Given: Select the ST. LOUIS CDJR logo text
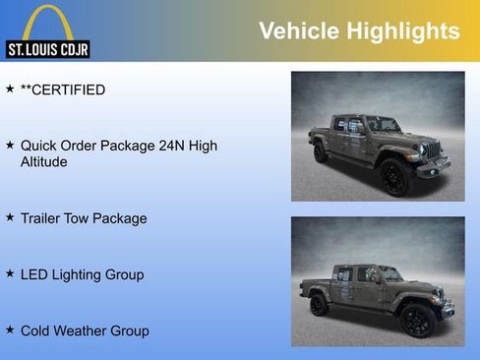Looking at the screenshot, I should click(x=47, y=48).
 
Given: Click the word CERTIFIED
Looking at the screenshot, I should click(x=69, y=90).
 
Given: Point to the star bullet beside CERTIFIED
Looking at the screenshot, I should click(x=10, y=90).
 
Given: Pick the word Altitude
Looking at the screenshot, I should click(x=44, y=162).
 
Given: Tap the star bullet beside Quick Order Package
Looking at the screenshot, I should click(x=10, y=146).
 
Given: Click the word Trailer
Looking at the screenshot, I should click(x=42, y=218).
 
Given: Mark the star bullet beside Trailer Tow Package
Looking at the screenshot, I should click(x=10, y=217).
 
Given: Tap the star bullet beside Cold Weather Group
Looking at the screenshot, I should click(x=10, y=330).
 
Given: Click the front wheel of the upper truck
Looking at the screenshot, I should click(x=394, y=177).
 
